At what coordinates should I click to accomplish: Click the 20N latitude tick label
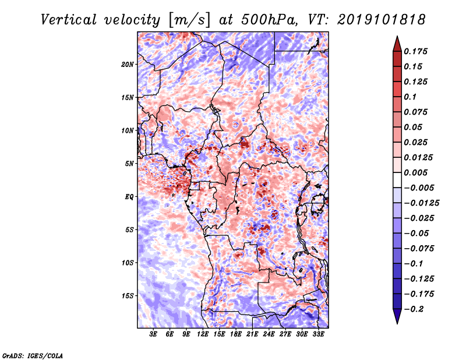(x=128, y=65)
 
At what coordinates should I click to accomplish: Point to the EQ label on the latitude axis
(x=129, y=197)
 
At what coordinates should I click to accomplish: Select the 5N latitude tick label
(x=129, y=164)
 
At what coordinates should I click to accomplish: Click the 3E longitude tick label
(x=153, y=334)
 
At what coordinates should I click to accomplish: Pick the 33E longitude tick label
(x=318, y=334)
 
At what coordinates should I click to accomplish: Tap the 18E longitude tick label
(x=236, y=334)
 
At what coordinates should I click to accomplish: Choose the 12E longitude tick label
(x=203, y=334)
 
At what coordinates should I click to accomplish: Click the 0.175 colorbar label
(x=415, y=51)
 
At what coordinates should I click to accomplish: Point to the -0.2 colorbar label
(x=414, y=309)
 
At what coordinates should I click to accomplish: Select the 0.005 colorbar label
(x=415, y=172)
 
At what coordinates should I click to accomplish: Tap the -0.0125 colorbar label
(x=421, y=203)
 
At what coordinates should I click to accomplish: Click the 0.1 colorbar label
(x=410, y=97)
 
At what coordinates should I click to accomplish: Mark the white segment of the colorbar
(x=397, y=180)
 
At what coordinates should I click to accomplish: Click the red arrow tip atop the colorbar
(x=397, y=36)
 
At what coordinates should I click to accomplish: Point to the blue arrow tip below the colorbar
(x=397, y=323)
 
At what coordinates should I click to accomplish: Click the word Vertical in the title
(x=69, y=20)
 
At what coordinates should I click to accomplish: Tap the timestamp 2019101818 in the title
(x=381, y=20)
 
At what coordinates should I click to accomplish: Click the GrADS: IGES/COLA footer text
(x=33, y=355)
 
